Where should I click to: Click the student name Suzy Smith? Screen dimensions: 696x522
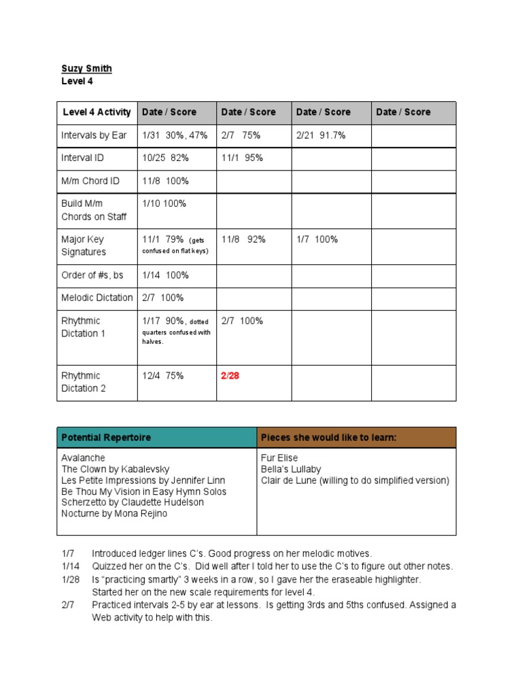click(87, 69)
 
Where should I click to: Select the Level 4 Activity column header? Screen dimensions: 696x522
click(97, 112)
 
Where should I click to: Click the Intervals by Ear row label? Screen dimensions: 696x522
click(94, 135)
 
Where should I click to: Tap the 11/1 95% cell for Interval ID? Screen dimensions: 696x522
click(242, 158)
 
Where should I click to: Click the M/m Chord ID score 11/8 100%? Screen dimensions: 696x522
click(165, 181)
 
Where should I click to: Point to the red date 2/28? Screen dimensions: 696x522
click(230, 376)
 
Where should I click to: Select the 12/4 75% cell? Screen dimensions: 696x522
click(163, 376)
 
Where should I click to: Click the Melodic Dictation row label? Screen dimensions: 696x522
click(97, 298)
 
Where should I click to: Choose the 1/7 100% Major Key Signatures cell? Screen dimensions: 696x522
click(317, 239)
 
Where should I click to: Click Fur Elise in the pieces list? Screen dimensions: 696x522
click(279, 458)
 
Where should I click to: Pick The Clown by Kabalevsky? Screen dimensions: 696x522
click(116, 469)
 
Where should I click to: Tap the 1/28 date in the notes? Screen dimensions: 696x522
click(70, 579)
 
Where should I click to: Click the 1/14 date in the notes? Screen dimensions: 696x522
click(70, 566)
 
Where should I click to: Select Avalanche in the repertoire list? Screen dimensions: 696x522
click(84, 458)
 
